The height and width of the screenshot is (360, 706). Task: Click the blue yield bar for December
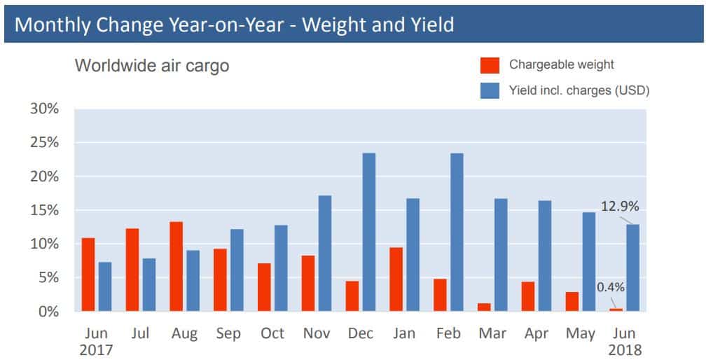tap(369, 232)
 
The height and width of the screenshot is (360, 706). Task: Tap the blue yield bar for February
tap(457, 232)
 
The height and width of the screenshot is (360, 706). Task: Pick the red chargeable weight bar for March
tap(484, 307)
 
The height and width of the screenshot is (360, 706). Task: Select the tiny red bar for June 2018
tap(616, 310)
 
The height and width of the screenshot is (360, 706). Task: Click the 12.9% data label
tap(620, 207)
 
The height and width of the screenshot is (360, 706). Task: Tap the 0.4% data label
tap(611, 286)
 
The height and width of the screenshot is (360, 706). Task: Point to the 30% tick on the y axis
tap(44, 109)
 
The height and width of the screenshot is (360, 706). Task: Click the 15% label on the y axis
tap(44, 210)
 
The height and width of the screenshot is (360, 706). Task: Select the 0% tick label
tap(48, 312)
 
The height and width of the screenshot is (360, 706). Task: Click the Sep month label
tap(228, 333)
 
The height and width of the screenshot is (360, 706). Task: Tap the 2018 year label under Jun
tap(625, 349)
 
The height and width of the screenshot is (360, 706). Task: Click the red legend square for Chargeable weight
tap(490, 65)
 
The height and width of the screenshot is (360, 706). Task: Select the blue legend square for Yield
tap(490, 90)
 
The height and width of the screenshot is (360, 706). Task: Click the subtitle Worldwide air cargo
tap(152, 67)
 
